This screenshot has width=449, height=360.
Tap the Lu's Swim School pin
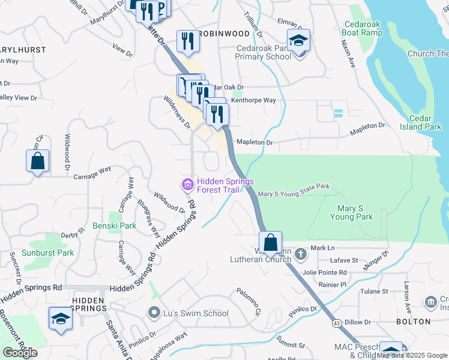154,313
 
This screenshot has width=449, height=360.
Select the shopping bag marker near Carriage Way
37,161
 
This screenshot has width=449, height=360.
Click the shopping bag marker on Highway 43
271,243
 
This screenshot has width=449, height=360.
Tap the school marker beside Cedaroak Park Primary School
298,40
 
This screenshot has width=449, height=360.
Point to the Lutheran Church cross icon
300,254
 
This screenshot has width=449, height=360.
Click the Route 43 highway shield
336,323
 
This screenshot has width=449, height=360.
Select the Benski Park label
114,226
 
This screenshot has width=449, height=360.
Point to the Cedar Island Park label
425,122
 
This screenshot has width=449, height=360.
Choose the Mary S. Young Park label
351,212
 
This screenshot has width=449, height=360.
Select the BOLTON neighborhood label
414,322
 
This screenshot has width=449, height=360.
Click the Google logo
20,353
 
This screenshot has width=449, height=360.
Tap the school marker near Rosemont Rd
60,319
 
